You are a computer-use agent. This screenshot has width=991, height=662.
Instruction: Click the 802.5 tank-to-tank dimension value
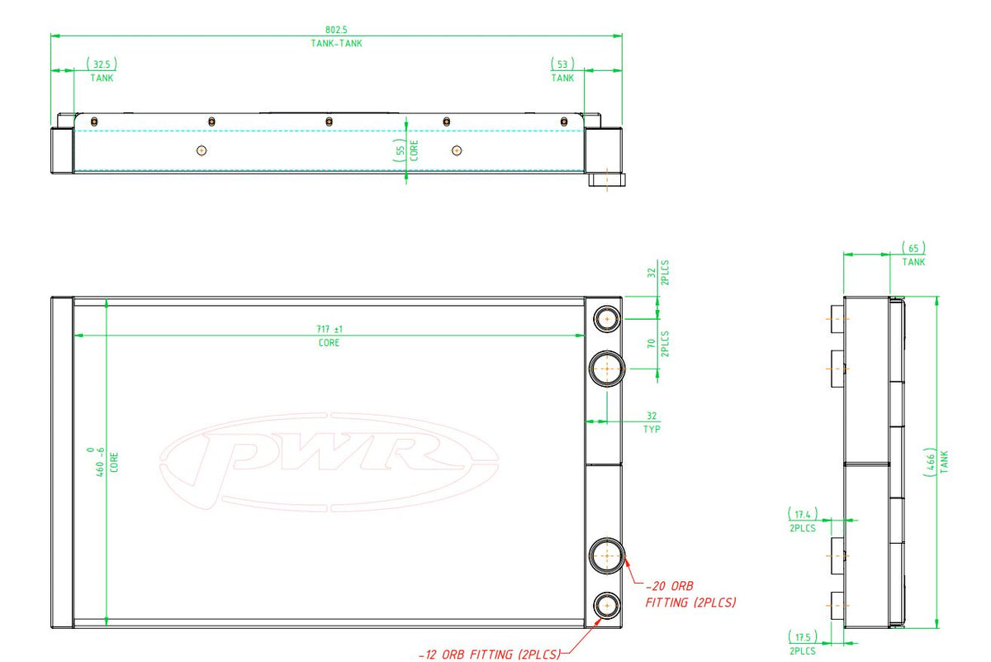click(x=336, y=30)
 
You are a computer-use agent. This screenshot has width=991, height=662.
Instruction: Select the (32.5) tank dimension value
click(x=102, y=64)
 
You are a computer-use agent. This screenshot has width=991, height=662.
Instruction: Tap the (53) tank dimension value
click(x=562, y=64)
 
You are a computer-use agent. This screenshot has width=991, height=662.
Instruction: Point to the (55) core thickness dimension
click(x=400, y=150)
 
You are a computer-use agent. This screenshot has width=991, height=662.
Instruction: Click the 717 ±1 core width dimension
click(x=330, y=329)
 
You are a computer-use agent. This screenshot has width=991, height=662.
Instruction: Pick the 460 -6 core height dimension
click(x=97, y=462)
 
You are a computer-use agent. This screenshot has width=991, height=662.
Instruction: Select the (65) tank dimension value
click(x=913, y=248)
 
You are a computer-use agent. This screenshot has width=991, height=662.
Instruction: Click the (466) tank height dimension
click(x=930, y=462)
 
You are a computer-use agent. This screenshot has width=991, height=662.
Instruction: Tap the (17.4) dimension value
click(x=803, y=514)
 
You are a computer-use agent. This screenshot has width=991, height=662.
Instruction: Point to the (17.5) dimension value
click(x=803, y=636)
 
